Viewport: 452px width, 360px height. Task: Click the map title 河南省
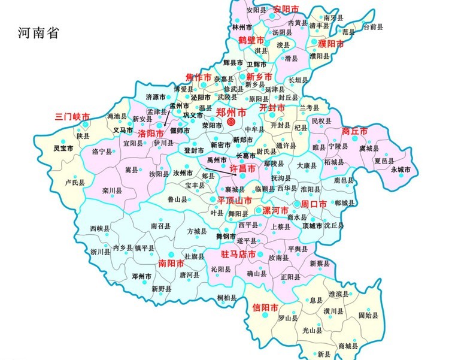click(x=38, y=33)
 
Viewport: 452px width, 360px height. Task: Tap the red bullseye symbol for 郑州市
click(x=231, y=122)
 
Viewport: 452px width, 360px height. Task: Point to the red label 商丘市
click(x=354, y=131)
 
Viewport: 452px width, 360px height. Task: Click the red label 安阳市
click(x=285, y=9)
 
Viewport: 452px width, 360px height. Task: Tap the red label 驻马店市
click(x=238, y=255)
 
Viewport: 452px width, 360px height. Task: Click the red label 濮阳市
click(x=331, y=44)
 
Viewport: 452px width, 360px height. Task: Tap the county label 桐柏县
click(x=227, y=298)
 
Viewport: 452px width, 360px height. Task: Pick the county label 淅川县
click(x=100, y=252)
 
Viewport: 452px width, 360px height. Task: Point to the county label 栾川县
click(x=112, y=190)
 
